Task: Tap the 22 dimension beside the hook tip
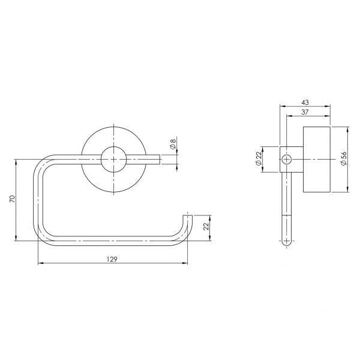point(206,227)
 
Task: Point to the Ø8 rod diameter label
point(173,144)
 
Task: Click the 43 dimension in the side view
point(305,103)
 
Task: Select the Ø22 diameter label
point(259,159)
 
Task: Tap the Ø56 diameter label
point(343,159)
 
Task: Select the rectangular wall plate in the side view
point(316,159)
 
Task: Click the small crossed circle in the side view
point(287,159)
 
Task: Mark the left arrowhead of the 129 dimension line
point(40,263)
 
